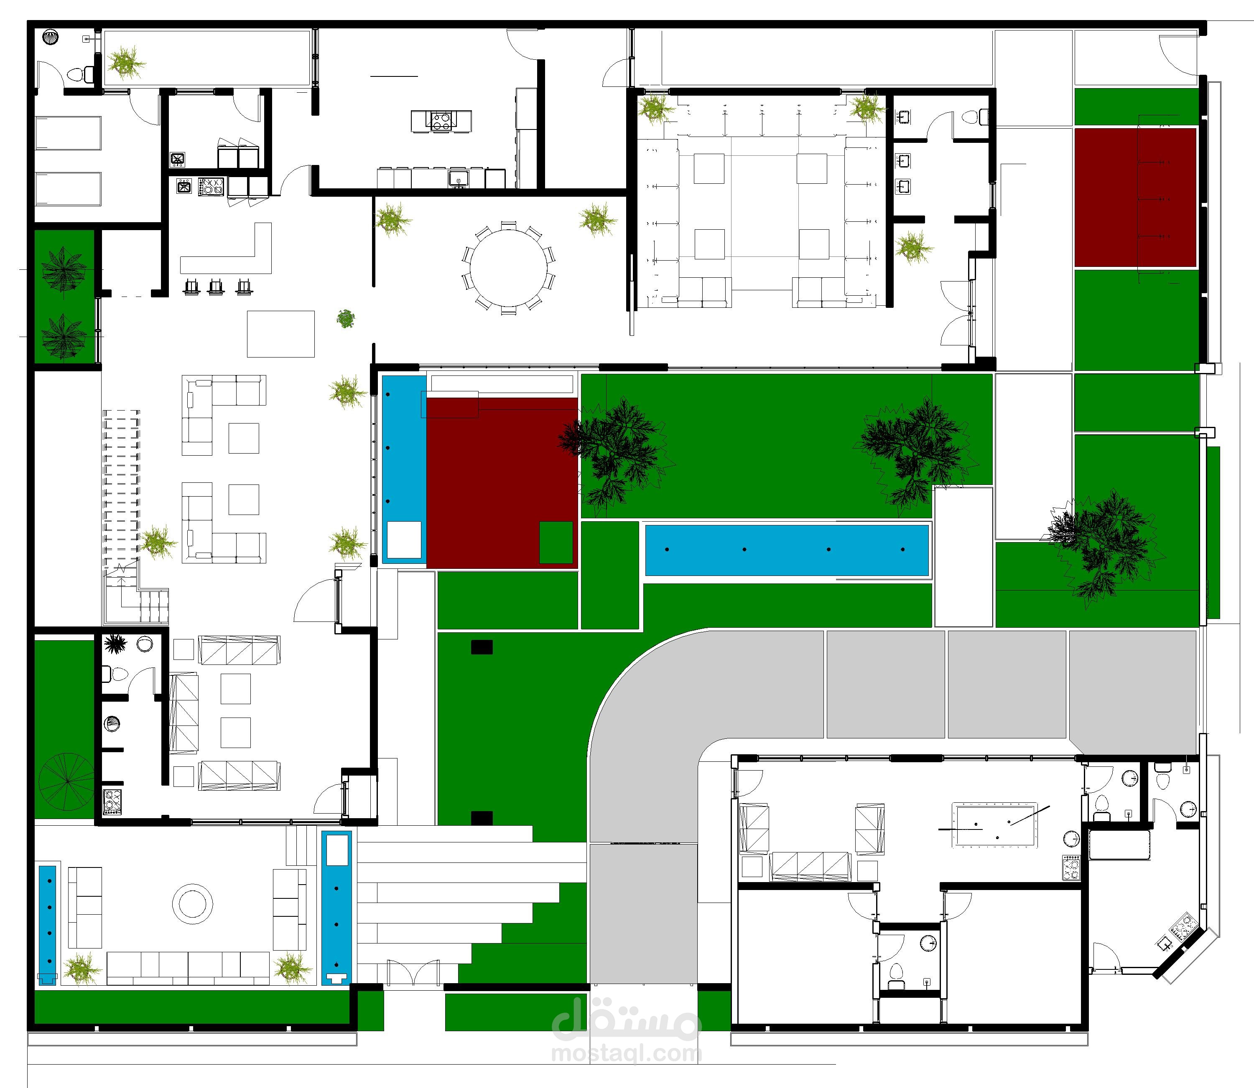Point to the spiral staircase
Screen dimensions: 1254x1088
click(65, 782)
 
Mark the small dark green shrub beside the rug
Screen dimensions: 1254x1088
click(346, 319)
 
